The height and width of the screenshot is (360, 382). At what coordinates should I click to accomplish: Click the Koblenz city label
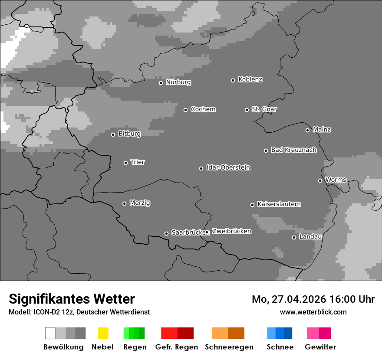point(250,79)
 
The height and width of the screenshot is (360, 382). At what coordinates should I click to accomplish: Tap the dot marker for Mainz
point(307,130)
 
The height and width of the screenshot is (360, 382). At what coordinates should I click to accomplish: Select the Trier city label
point(138,162)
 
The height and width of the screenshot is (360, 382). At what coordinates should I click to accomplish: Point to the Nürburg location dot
point(161,83)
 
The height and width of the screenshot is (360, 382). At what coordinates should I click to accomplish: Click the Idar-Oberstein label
point(228,167)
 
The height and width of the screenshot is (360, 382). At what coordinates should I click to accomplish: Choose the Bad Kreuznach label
point(293,150)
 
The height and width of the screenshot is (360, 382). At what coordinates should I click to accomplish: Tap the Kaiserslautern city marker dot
point(252,205)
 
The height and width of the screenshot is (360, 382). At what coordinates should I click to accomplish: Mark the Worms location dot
point(320,180)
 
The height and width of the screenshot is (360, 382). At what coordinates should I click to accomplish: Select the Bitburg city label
point(129,134)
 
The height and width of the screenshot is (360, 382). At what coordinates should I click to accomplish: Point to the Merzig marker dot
point(124,203)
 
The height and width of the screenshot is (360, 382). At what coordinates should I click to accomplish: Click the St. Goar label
point(264,109)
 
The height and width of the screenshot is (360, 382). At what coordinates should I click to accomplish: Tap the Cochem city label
point(203,109)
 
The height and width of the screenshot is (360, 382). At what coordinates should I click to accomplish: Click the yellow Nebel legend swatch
point(103,333)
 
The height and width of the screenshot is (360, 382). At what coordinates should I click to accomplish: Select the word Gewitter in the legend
point(320,347)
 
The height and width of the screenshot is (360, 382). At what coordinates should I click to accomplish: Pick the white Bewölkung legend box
point(50,333)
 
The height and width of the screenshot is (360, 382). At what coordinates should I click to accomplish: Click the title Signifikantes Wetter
point(72,299)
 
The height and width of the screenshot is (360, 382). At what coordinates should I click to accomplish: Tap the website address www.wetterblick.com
point(313,312)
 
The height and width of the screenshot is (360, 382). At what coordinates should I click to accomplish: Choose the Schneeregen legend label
point(229,347)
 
